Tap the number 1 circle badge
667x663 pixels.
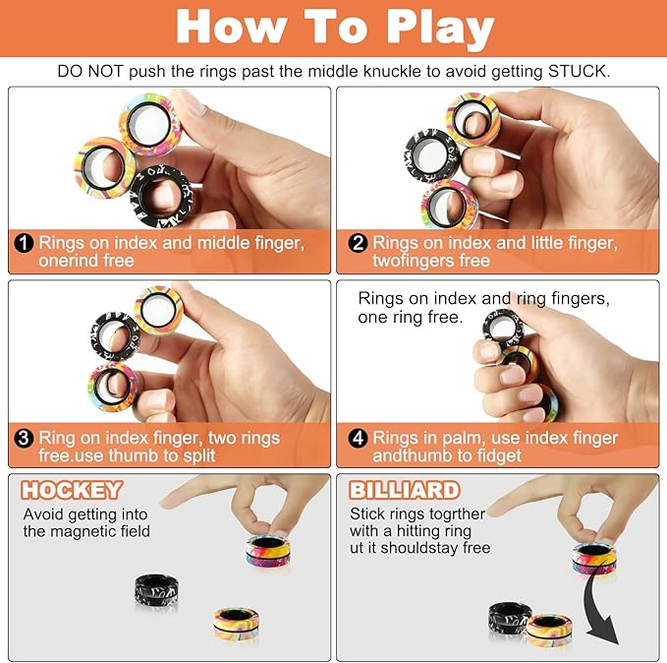[25, 243]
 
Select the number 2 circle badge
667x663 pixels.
[357, 243]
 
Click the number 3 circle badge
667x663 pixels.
[25, 438]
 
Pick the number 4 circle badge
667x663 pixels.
[357, 438]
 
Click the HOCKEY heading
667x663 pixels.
[73, 490]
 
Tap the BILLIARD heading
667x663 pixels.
[404, 490]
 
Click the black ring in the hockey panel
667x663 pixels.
[157, 592]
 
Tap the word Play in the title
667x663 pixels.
[427, 28]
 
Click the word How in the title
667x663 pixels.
[232, 28]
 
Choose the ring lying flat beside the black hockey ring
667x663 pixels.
[237, 624]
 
